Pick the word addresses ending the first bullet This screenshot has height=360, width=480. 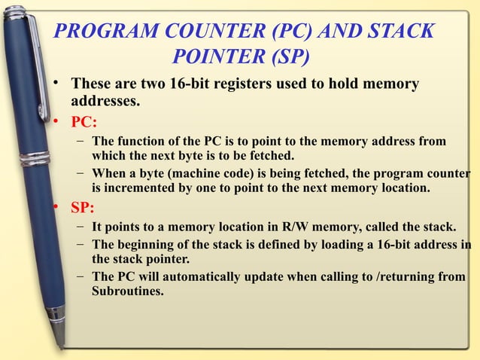(x=105, y=99)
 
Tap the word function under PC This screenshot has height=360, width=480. (x=141, y=142)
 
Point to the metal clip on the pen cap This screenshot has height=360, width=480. (x=35, y=45)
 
